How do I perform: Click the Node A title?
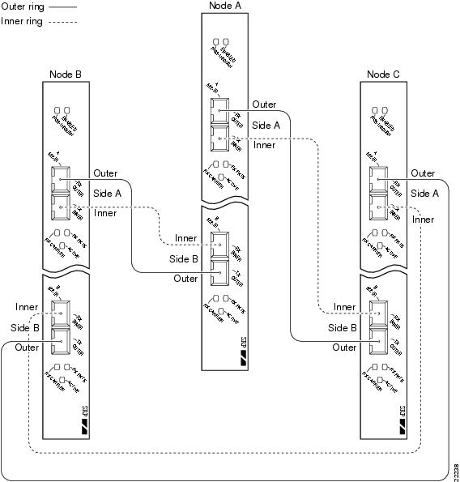223,6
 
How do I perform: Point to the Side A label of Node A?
266,125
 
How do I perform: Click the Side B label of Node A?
183,258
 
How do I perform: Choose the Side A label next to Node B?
107,193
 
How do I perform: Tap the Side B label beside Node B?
25,327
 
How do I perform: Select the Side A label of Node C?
424,193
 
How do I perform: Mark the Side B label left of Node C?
343,327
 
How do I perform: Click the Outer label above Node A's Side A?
264,105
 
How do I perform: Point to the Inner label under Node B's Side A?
105,213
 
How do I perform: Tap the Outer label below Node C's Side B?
344,347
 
